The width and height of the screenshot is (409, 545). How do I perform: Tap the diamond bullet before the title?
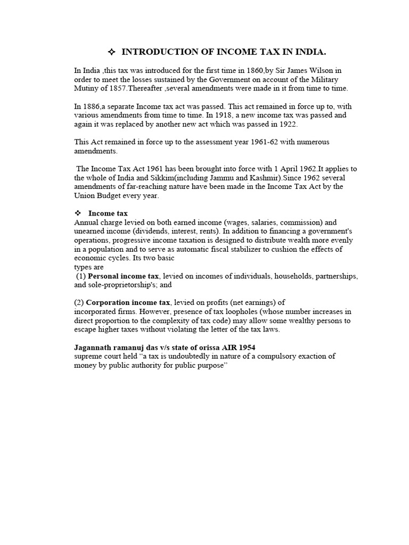coord(111,52)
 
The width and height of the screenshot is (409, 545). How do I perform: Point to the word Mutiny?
coord(87,88)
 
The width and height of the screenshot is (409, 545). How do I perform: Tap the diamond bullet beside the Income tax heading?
coord(77,213)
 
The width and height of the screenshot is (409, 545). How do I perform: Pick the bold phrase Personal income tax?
coord(124,276)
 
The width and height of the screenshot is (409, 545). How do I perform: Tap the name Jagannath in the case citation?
coord(93,347)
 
